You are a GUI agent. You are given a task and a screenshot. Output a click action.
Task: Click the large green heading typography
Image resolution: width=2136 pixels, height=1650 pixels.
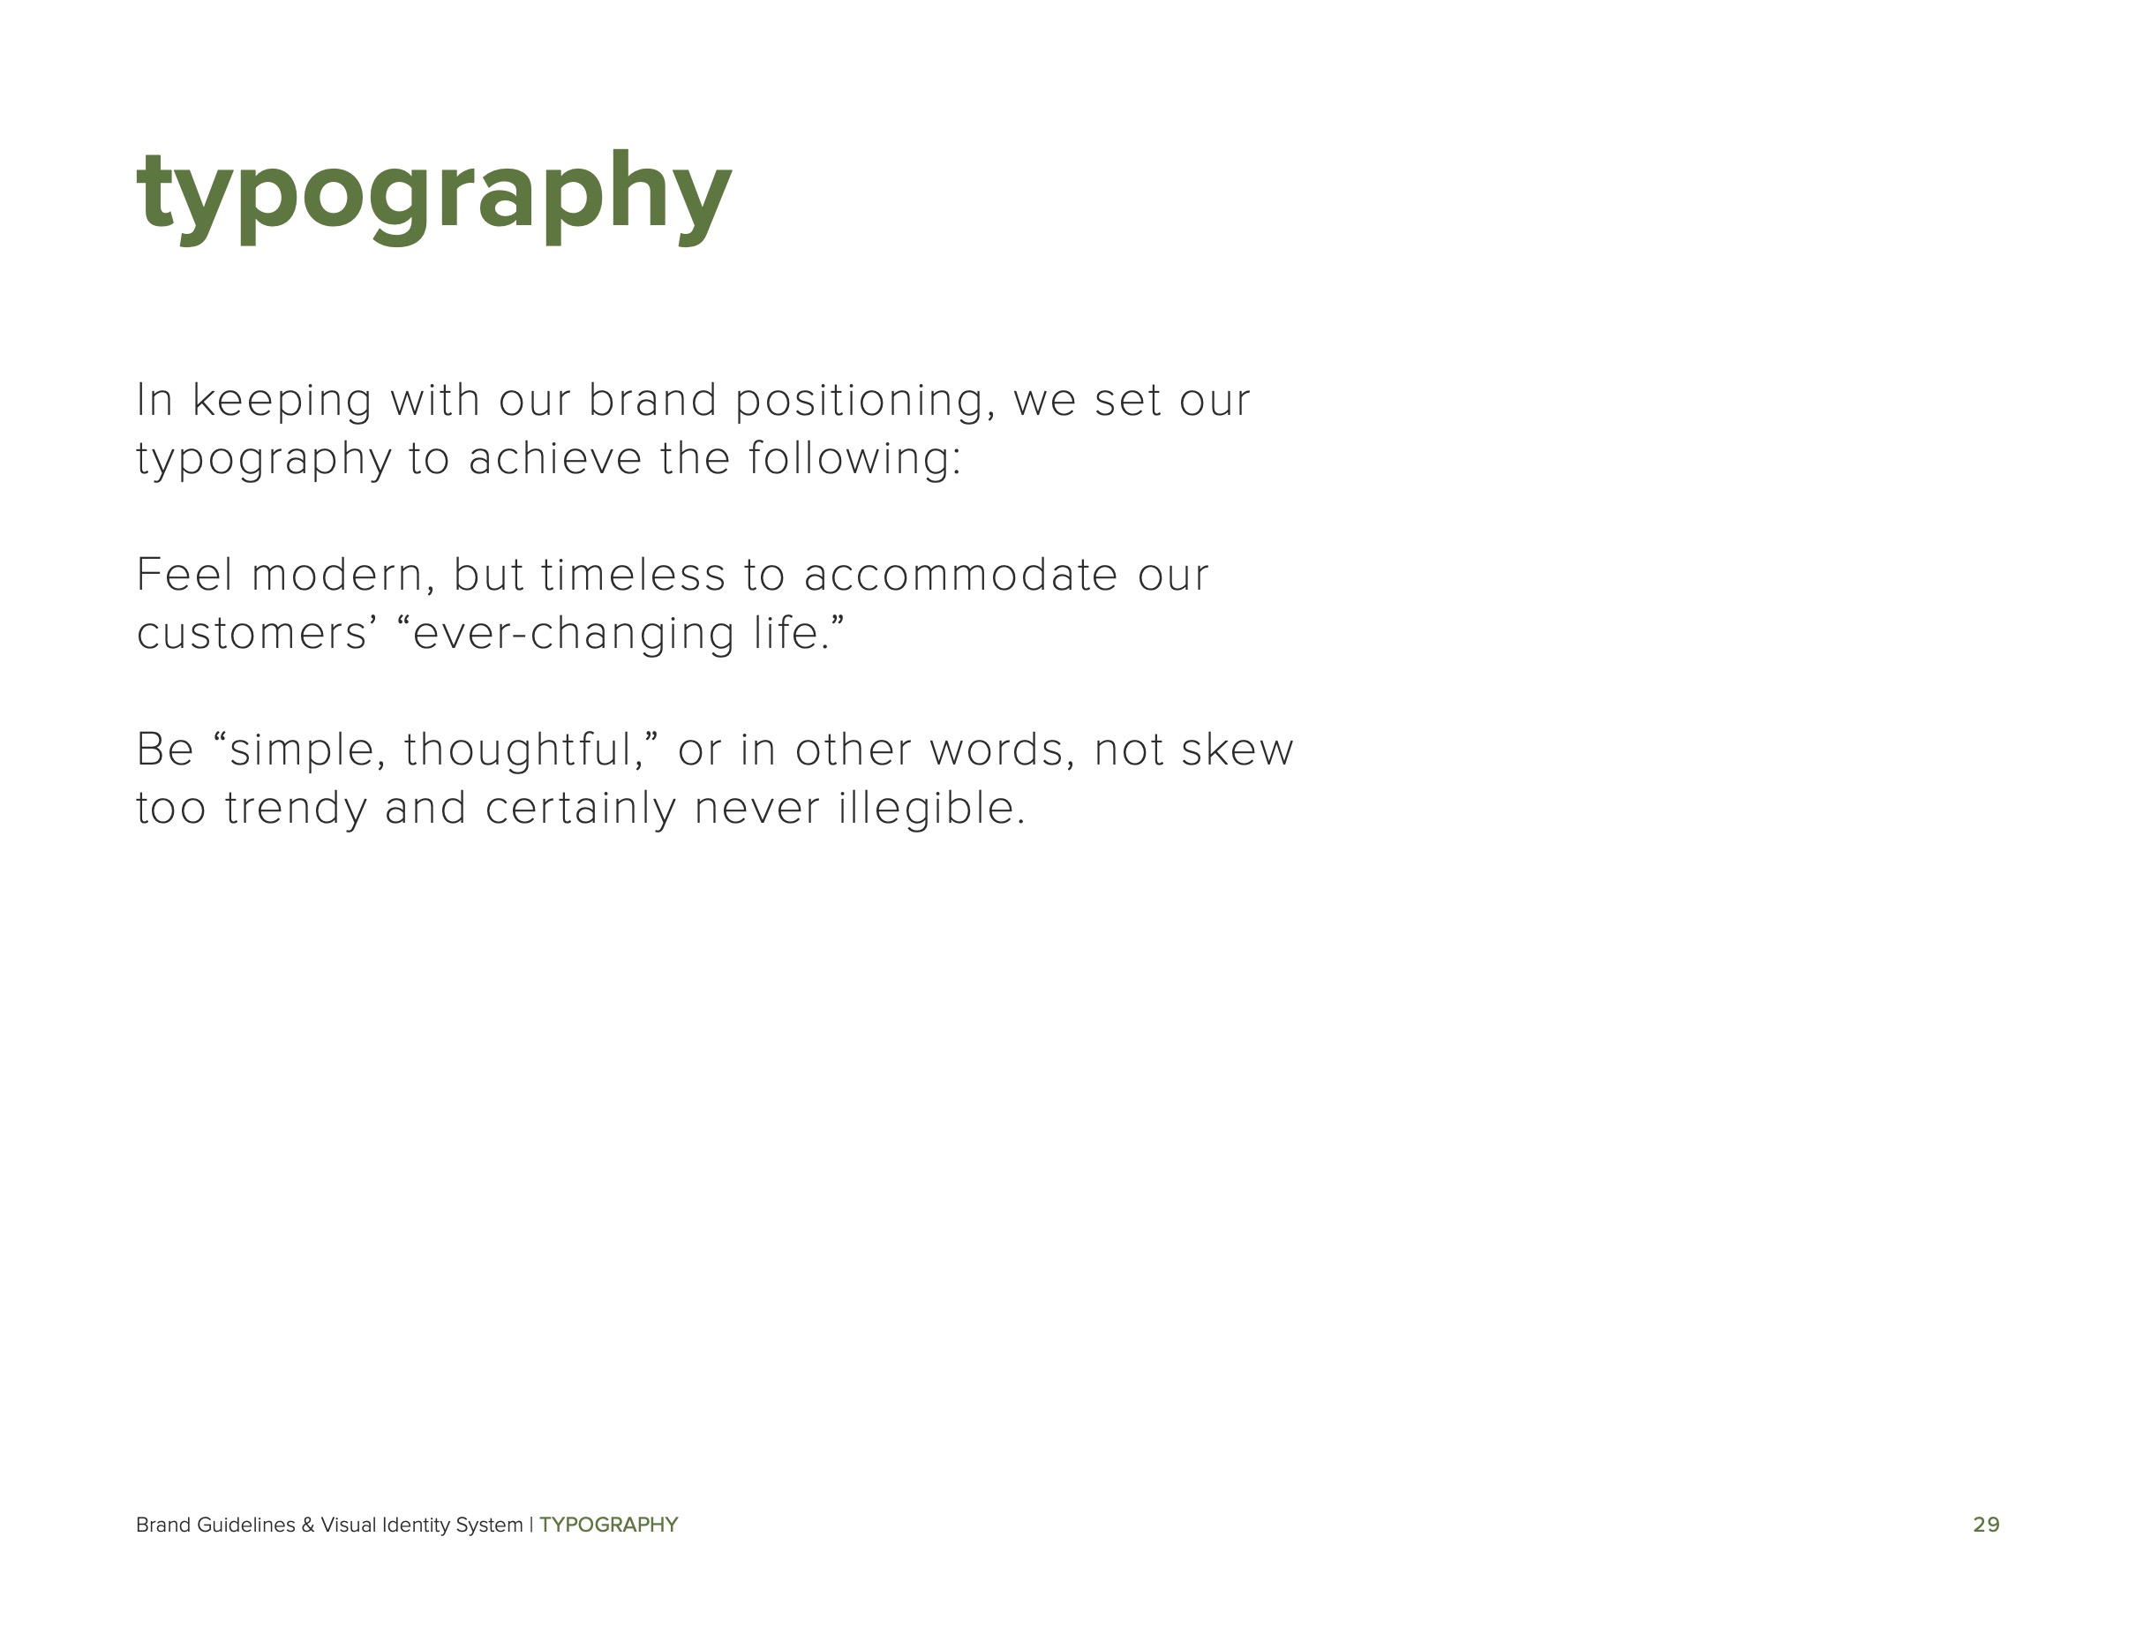(433, 192)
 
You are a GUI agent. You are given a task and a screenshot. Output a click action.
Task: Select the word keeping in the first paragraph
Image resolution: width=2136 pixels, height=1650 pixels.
(282, 401)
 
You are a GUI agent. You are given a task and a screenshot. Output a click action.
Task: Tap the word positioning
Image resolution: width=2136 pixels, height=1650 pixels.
(865, 401)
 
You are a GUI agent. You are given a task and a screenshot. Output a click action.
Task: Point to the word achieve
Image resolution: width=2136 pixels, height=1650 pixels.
(554, 459)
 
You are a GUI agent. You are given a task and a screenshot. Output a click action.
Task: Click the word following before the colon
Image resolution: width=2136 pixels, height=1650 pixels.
(849, 459)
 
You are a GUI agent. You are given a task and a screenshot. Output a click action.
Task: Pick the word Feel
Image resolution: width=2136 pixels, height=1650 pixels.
(184, 575)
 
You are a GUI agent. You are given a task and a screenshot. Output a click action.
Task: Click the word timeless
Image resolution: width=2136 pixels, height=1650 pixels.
(633, 575)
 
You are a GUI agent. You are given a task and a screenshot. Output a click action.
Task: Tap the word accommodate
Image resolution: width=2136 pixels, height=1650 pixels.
(959, 575)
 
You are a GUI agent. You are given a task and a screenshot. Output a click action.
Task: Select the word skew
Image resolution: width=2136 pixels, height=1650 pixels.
(1237, 750)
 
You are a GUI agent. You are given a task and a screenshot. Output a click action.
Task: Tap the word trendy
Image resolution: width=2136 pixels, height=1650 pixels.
(296, 809)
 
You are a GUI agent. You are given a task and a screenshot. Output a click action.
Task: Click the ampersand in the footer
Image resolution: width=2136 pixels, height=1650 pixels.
(308, 1525)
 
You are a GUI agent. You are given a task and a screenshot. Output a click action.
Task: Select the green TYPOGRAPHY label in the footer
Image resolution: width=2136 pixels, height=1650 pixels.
(608, 1525)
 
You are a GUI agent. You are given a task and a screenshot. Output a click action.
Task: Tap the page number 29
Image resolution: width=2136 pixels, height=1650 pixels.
(1985, 1525)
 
